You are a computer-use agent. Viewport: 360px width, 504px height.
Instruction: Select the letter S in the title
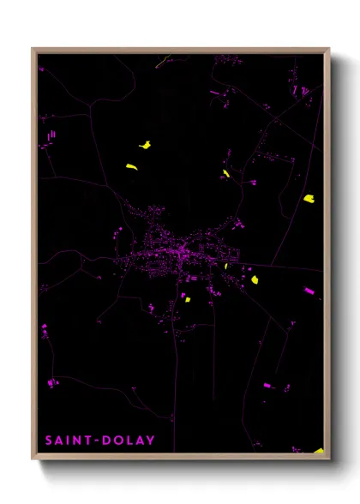point(50,441)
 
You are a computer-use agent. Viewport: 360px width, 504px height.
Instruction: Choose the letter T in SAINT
point(85,441)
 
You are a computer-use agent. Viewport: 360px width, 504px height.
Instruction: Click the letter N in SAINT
point(76,441)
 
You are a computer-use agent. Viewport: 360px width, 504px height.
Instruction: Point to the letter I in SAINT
point(69,441)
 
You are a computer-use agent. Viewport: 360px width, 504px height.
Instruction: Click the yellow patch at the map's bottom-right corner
point(318,450)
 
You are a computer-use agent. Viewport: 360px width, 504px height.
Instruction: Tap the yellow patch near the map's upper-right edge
point(309,199)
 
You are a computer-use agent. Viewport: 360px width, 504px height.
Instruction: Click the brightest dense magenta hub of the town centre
point(182,250)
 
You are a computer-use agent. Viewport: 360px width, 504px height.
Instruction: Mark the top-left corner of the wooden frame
point(33,50)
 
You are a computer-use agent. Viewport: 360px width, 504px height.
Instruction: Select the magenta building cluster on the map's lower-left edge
point(53,381)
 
